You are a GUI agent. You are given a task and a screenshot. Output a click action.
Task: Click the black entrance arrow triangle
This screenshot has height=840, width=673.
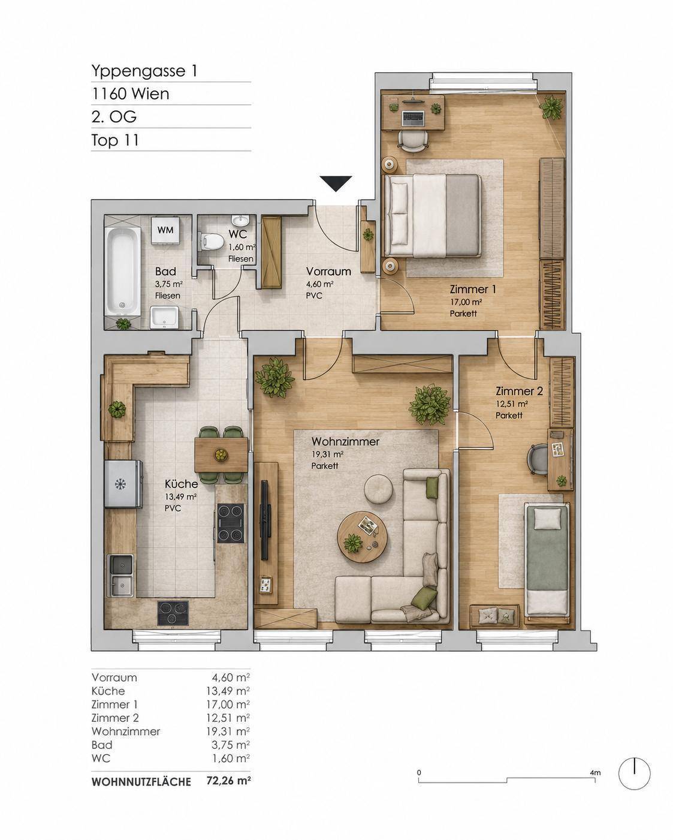click(336, 183)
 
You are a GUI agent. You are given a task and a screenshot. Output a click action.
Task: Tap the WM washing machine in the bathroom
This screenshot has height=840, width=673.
click(165, 230)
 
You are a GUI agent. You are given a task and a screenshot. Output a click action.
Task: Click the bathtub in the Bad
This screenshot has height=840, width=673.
click(123, 272)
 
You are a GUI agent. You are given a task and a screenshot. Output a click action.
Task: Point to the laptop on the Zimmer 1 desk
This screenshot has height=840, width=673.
click(413, 118)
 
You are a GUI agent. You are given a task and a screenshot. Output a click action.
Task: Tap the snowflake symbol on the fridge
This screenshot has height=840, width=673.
click(120, 484)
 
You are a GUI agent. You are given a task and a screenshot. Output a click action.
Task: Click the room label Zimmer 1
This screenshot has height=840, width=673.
click(473, 289)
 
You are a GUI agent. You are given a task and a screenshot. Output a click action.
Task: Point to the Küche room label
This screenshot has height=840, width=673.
click(181, 484)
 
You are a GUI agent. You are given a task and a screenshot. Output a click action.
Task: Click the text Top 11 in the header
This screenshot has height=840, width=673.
click(115, 140)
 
